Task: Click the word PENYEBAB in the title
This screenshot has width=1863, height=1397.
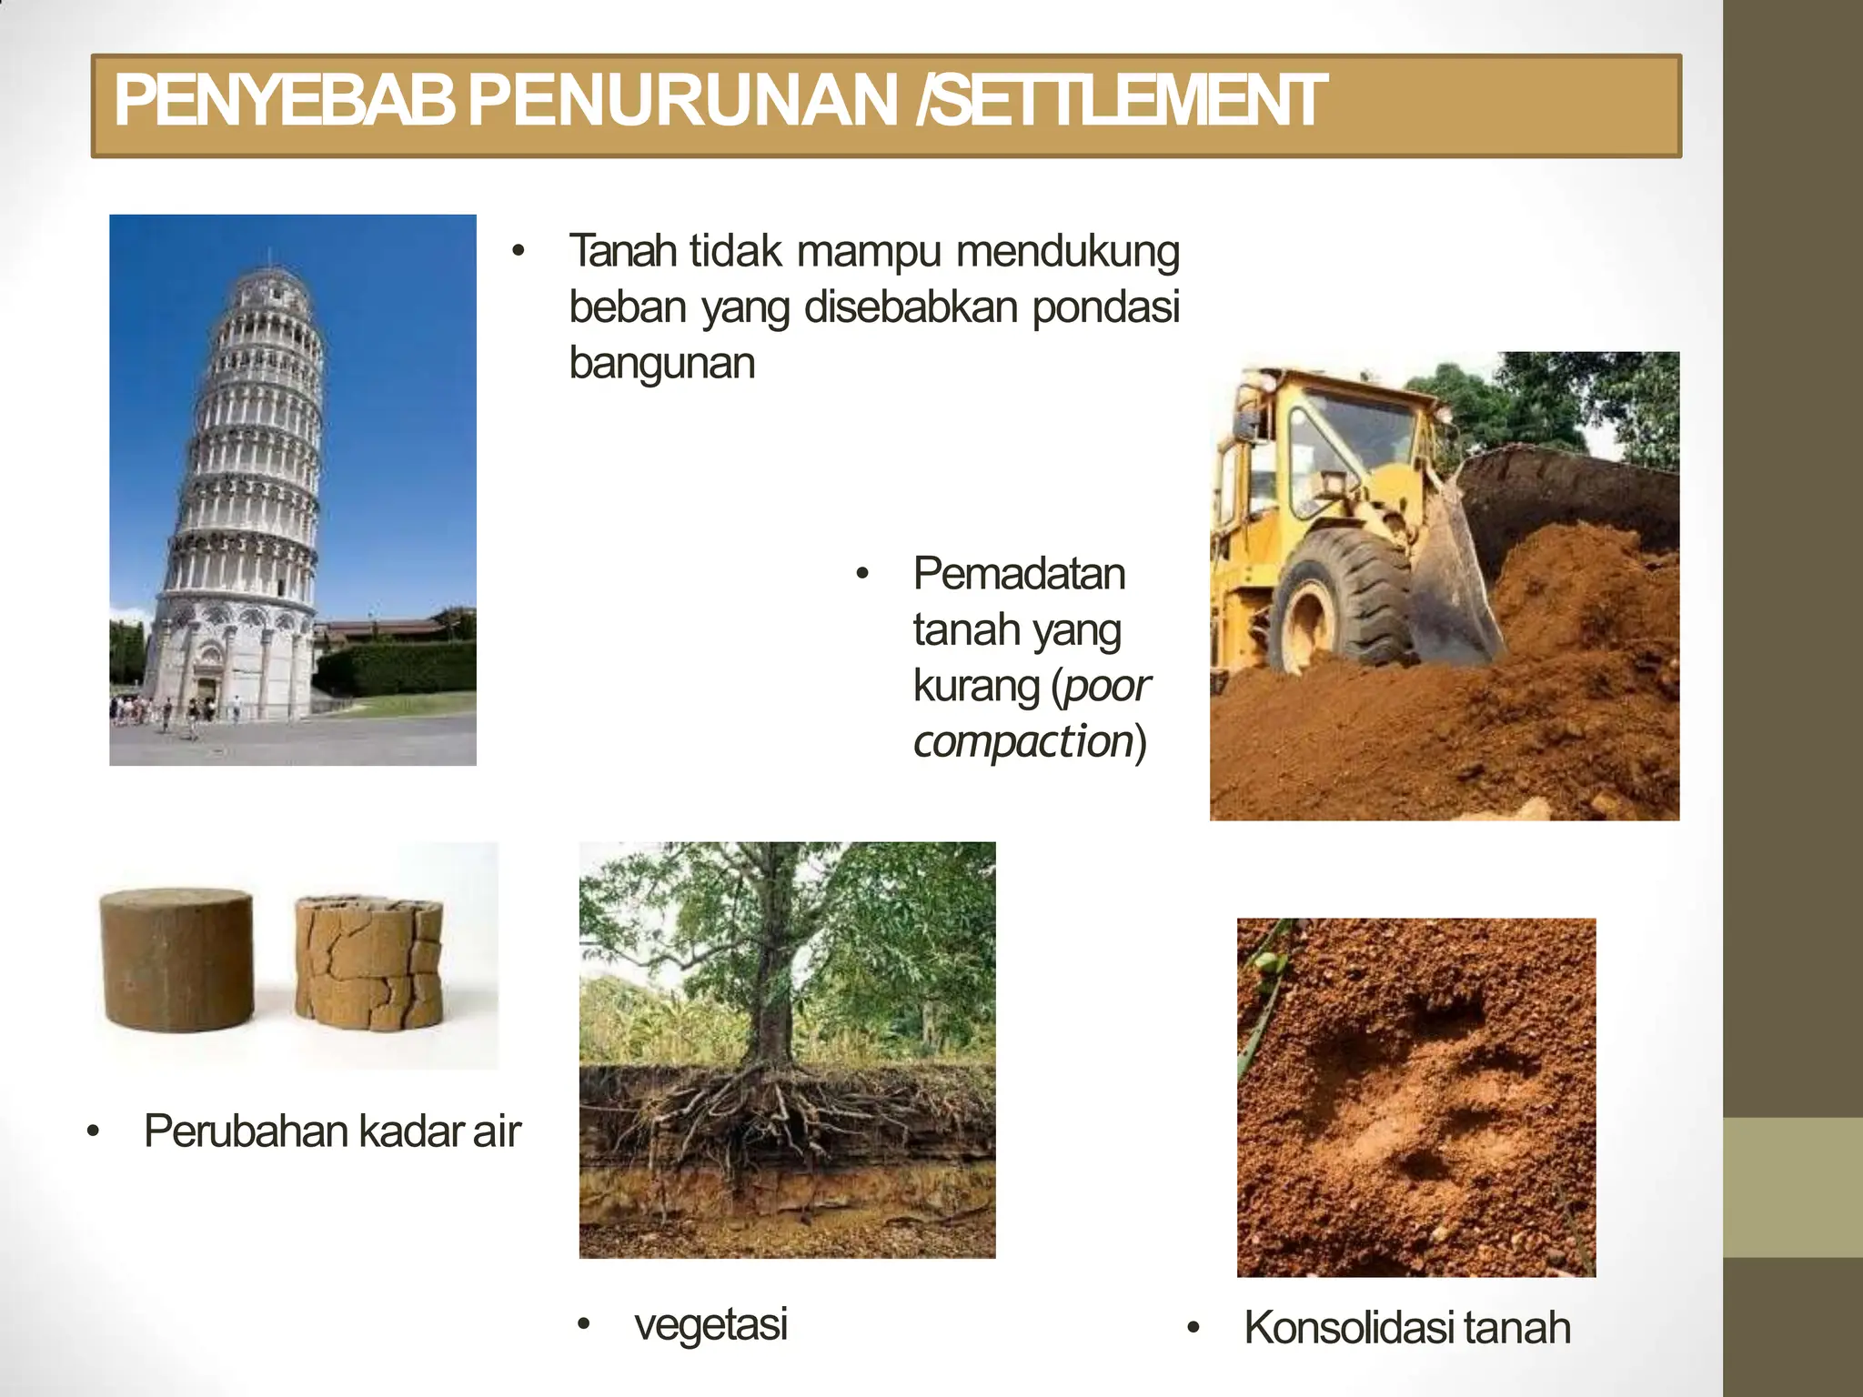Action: point(284,101)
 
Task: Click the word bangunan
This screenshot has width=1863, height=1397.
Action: point(661,363)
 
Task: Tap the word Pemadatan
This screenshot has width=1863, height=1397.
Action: point(1019,574)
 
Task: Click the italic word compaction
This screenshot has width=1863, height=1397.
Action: point(1022,741)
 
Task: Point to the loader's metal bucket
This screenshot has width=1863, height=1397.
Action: point(1455,582)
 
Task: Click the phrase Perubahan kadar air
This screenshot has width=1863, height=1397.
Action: point(331,1131)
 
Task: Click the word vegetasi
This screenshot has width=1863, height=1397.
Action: point(710,1323)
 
